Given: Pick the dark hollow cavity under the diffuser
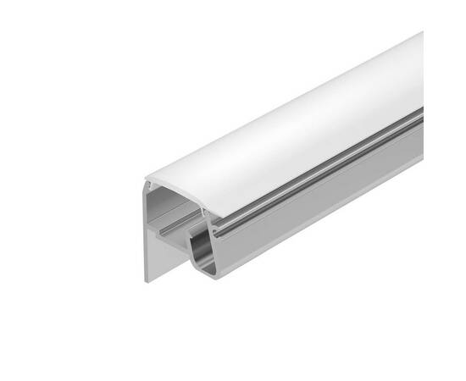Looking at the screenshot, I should click(174, 207).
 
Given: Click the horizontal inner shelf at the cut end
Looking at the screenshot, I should click(174, 229).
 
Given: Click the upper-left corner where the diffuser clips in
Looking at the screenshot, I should click(147, 181).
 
